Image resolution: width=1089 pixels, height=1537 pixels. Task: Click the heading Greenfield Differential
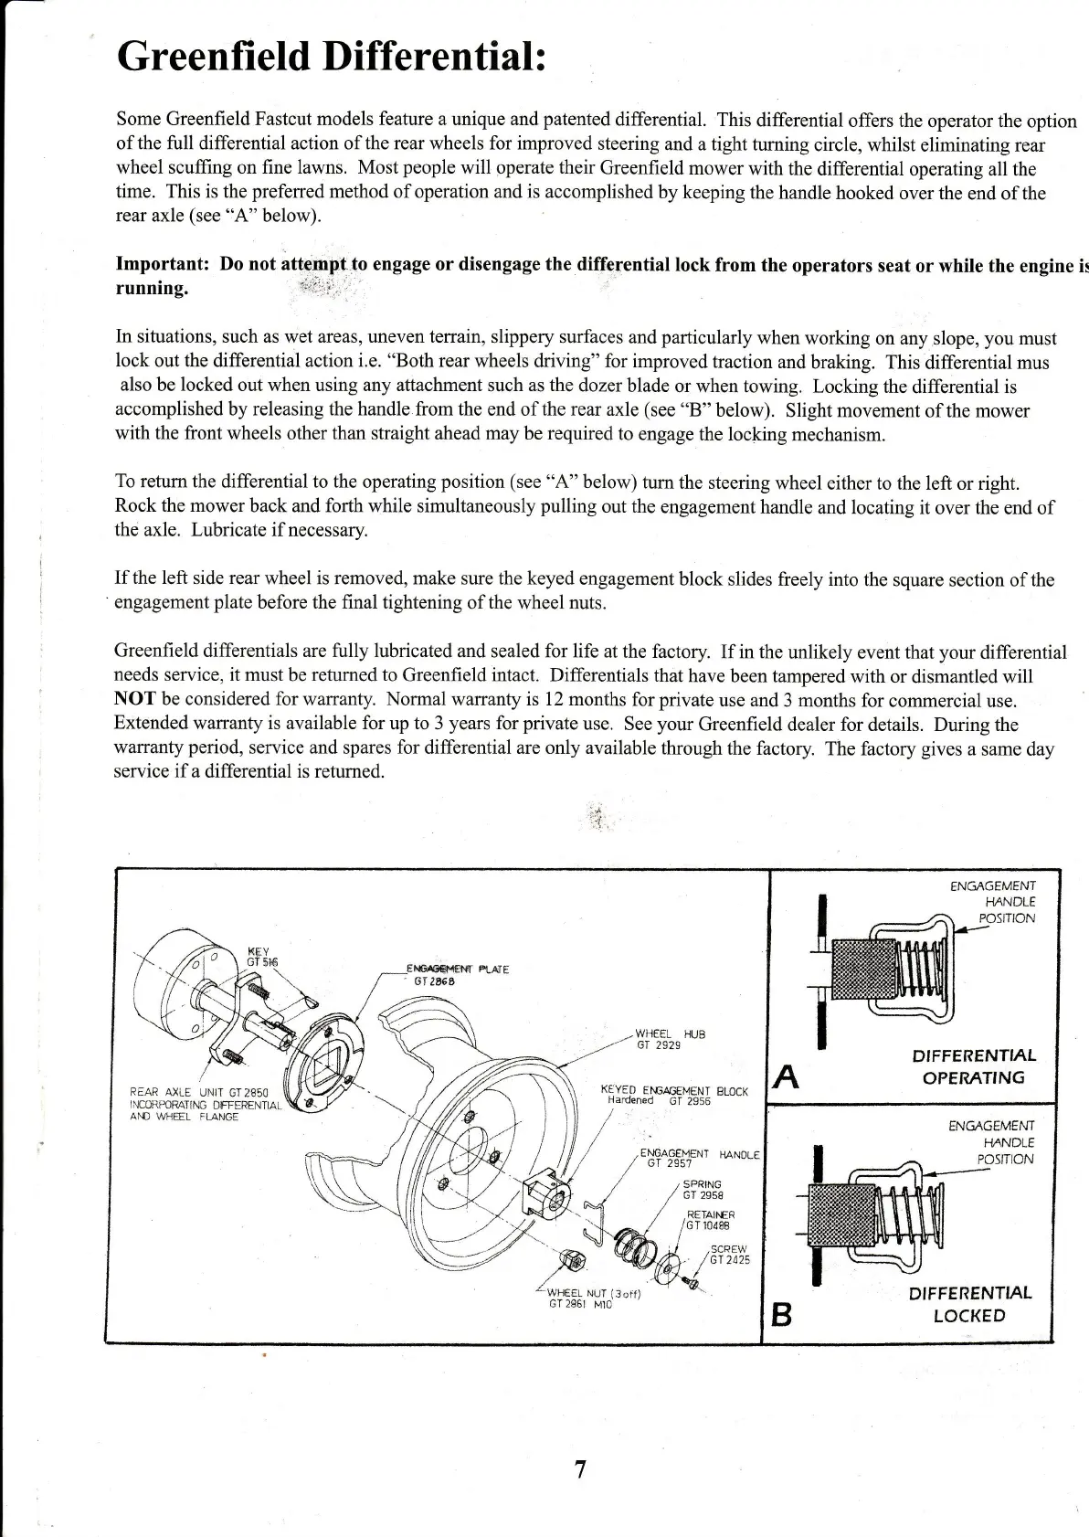(x=333, y=57)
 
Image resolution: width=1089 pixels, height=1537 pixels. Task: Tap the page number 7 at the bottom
(x=578, y=1469)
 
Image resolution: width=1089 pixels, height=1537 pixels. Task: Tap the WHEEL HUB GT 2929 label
(x=670, y=1039)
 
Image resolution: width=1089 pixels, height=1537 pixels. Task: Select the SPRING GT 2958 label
(x=703, y=1189)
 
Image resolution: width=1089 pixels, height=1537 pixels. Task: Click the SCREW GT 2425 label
(x=728, y=1255)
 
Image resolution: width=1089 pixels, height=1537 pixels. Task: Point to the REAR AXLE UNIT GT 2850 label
(x=199, y=1104)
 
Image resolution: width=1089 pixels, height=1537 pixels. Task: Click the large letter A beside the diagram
(x=787, y=1078)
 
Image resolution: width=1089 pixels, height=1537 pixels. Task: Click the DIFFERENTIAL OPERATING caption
(x=974, y=1066)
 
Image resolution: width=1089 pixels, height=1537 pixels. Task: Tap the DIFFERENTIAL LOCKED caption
(x=969, y=1304)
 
